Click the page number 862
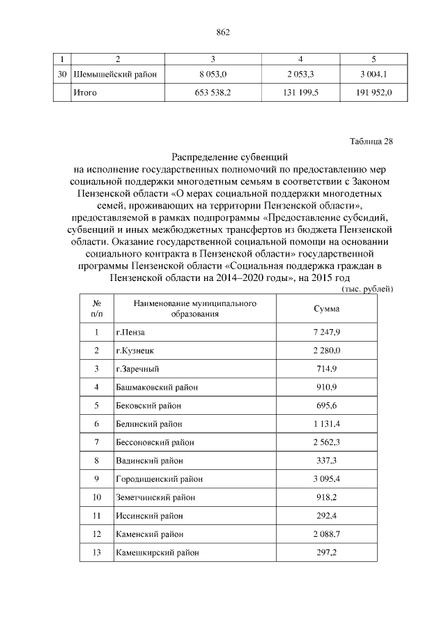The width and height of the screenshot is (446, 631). point(223,32)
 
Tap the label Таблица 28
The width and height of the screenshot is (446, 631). point(371,142)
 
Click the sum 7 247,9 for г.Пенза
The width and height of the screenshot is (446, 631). point(326,333)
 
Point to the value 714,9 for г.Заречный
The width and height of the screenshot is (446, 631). point(326,368)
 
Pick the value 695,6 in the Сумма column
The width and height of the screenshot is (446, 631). point(326,405)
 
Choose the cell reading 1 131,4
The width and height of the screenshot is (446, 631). point(326,424)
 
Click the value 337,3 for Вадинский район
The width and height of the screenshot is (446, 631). point(326,460)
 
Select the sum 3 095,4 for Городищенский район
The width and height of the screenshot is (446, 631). point(326,479)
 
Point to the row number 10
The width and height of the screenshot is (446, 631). point(97,497)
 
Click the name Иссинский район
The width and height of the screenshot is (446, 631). point(149,516)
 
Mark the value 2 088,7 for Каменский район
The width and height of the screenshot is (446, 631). point(326,534)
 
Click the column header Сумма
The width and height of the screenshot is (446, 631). point(326,308)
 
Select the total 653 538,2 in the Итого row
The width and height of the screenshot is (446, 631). point(216,92)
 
